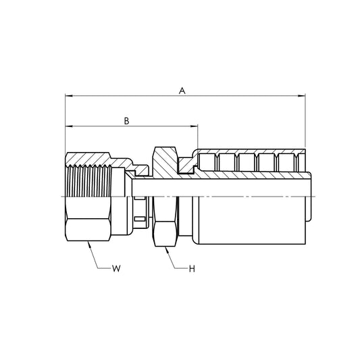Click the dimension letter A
pyautogui.click(x=182, y=90)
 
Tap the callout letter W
pyautogui.click(x=117, y=269)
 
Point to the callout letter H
pyautogui.click(x=192, y=269)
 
